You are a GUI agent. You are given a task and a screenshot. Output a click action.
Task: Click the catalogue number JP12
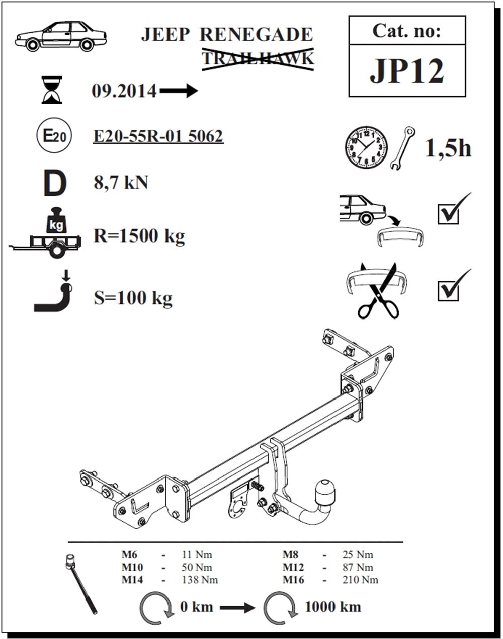pos(406,71)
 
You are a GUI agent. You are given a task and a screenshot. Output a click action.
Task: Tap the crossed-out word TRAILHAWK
pos(258,59)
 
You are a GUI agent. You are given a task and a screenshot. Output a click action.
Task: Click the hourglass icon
pos(52,90)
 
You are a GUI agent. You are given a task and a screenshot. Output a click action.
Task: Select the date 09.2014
pos(124,91)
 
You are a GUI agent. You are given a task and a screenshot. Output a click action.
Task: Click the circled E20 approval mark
pos(54,136)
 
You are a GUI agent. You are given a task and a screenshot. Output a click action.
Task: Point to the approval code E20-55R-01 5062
pos(158,136)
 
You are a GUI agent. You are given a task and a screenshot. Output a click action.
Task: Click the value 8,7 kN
pos(121,183)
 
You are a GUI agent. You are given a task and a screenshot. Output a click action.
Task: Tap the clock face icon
pos(366,148)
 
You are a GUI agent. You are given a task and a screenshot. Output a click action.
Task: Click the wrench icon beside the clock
pos(402,148)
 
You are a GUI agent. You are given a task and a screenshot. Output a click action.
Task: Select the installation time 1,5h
pos(448,148)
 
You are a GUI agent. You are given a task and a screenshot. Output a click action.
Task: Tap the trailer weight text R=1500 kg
pos(139,236)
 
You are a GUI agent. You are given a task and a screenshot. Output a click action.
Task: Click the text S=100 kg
pos(133,298)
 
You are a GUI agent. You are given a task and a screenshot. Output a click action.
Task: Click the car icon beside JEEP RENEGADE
pos(60,36)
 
